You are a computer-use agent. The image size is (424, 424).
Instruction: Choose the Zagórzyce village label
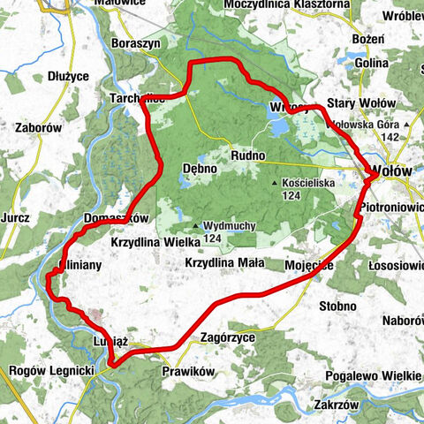pos(229,337)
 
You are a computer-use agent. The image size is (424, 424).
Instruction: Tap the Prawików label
pos(189,371)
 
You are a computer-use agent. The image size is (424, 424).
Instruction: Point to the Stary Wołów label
pos(355,103)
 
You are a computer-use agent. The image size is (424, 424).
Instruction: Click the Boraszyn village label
pos(134,42)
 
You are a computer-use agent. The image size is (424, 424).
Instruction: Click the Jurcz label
pos(17,217)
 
